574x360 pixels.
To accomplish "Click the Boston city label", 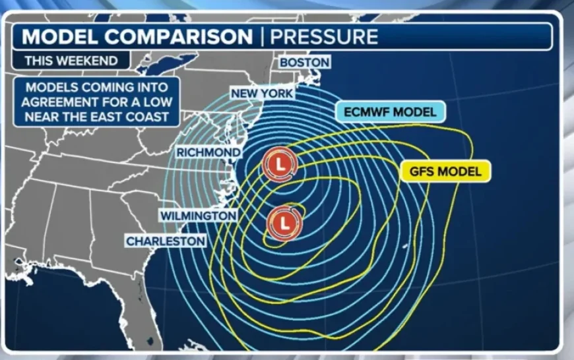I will pos(304,63).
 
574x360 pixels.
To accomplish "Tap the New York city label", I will pos(262,94).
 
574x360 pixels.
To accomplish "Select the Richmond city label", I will pos(208,153).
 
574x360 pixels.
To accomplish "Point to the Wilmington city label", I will pos(198,216).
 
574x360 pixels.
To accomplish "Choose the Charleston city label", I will pos(166,241).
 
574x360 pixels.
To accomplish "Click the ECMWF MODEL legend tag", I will pos(390,112).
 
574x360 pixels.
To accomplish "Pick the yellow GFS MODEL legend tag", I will pos(446,171).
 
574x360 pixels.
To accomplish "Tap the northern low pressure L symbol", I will pos(279,165).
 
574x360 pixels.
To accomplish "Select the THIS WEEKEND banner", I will pos(71,61).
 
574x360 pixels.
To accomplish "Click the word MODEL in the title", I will pos(58,36).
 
